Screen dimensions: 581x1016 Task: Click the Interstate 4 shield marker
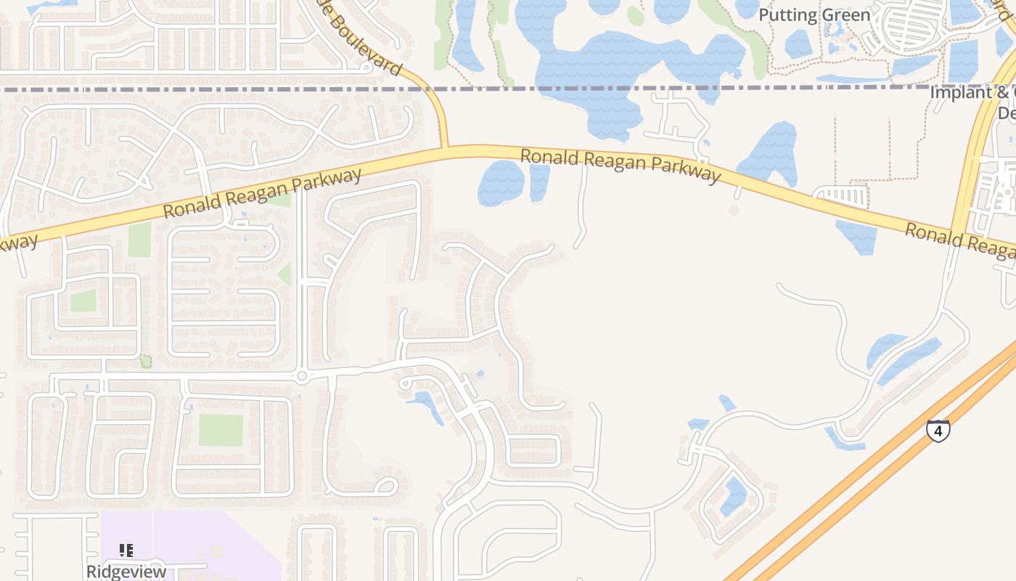coord(938,431)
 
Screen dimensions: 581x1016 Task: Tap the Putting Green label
coord(814,15)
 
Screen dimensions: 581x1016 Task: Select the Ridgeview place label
coord(126,571)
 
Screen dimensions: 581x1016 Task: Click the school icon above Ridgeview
coord(126,550)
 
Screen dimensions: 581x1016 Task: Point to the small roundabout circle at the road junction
coord(302,375)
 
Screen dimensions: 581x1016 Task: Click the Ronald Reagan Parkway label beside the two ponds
coord(620,166)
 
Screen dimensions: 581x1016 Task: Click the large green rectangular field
coord(221,430)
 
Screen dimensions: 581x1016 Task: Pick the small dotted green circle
coord(146,361)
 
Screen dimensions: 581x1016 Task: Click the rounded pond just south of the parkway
coord(501,183)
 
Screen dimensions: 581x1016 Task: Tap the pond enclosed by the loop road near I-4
coord(734,497)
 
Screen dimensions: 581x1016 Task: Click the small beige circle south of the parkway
coord(734,211)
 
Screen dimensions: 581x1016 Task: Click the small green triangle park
coord(284,274)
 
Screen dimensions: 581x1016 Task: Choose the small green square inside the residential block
coord(83,300)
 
